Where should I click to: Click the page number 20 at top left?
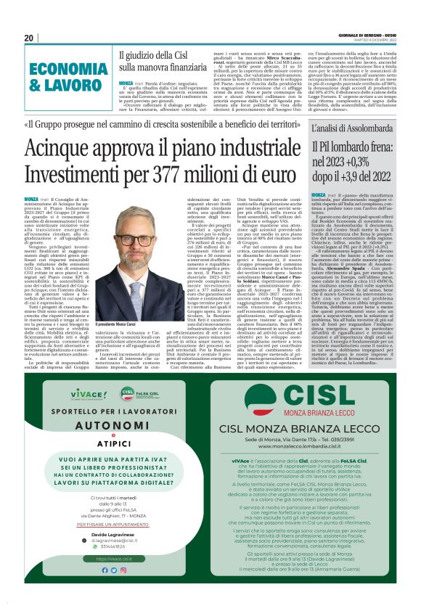coord(29,38)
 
